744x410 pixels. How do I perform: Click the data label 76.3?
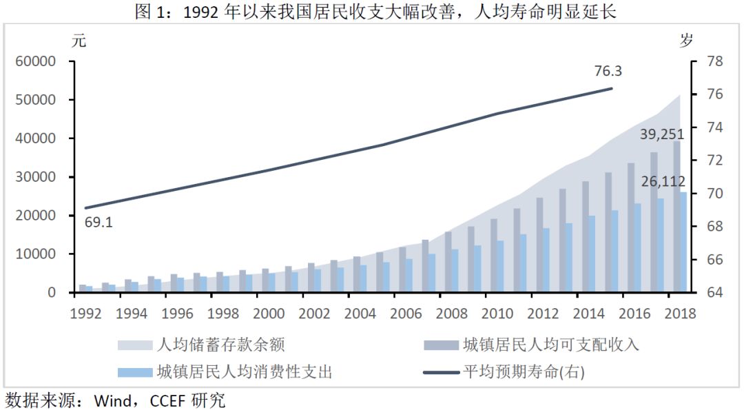click(608, 71)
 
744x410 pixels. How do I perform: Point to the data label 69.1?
click(99, 223)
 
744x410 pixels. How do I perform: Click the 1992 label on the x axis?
click(86, 313)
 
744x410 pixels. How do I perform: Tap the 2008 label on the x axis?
click(452, 313)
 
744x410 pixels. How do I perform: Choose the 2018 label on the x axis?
click(680, 313)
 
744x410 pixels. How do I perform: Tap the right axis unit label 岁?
click(686, 40)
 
